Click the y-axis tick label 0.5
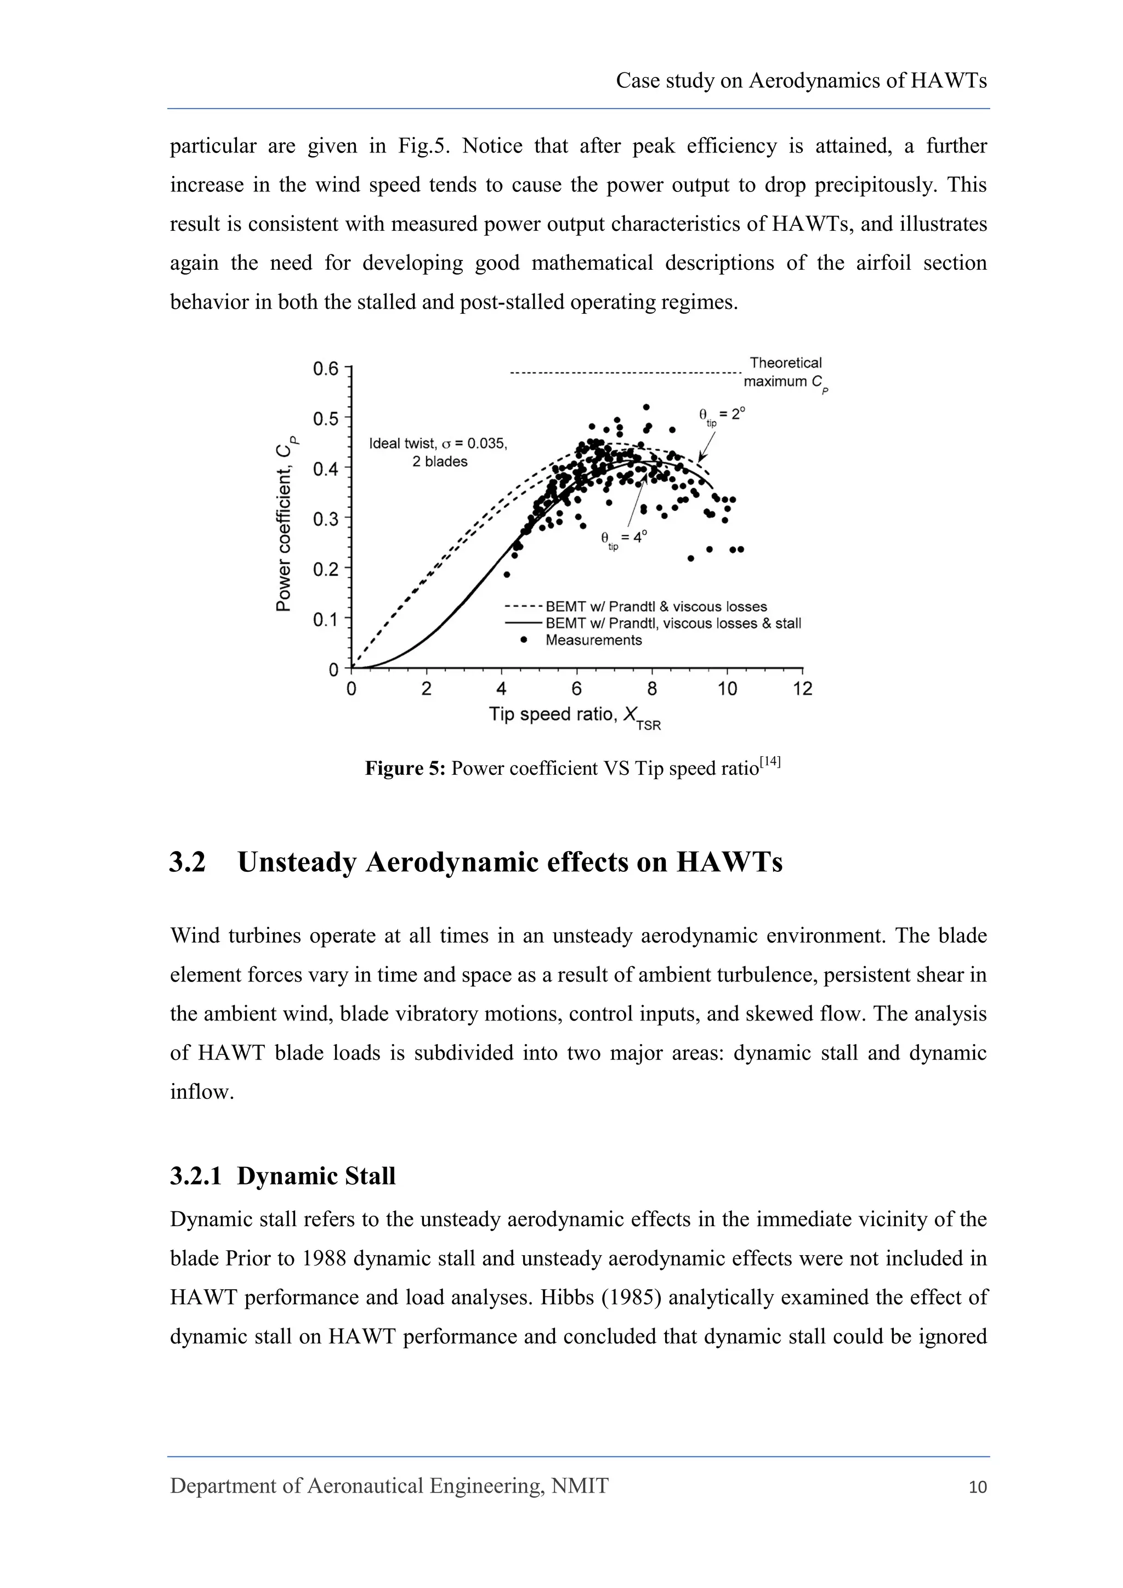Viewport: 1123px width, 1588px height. (326, 418)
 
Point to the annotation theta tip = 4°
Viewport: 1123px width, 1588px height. (623, 538)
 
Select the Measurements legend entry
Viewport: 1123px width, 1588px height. (593, 640)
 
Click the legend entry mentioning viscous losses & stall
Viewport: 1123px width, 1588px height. (672, 623)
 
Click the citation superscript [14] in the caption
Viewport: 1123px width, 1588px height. (770, 762)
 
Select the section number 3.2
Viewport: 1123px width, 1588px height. (188, 863)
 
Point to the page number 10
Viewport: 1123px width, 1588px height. (978, 1487)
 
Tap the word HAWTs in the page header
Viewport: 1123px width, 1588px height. (948, 81)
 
